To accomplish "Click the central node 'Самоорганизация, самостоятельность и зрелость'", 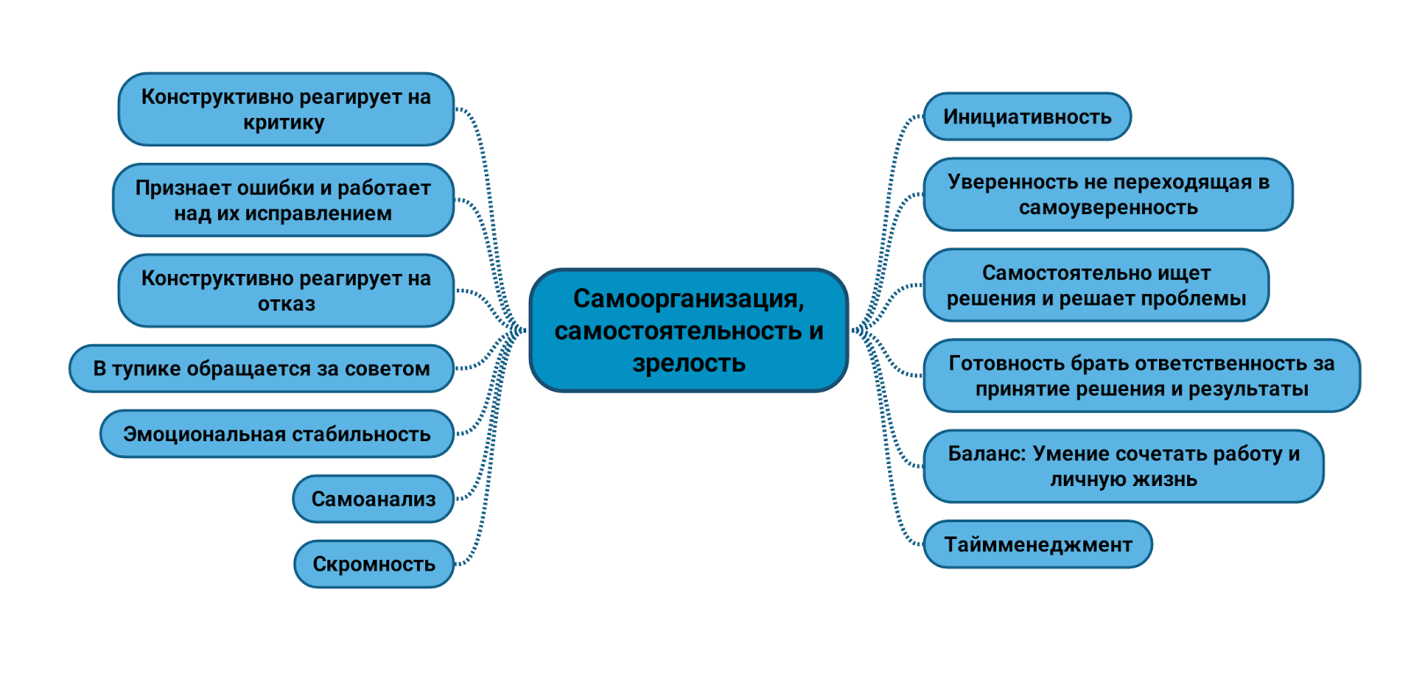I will coord(688,330).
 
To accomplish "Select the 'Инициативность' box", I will coord(1027,117).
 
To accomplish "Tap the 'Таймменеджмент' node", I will coord(1038,545).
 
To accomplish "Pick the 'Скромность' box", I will coord(373,564).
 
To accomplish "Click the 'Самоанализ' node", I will coord(373,499).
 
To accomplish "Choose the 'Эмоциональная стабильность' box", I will coord(276,434).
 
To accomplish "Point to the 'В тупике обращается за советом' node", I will coord(261,369).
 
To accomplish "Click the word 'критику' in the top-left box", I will coord(283,123).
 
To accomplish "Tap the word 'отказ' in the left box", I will coord(286,305).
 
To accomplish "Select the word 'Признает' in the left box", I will coord(176,188).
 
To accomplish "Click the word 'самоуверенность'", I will coord(1108,209).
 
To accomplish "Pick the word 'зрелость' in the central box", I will coord(688,363).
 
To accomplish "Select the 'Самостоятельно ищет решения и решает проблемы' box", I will coord(1096,285).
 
